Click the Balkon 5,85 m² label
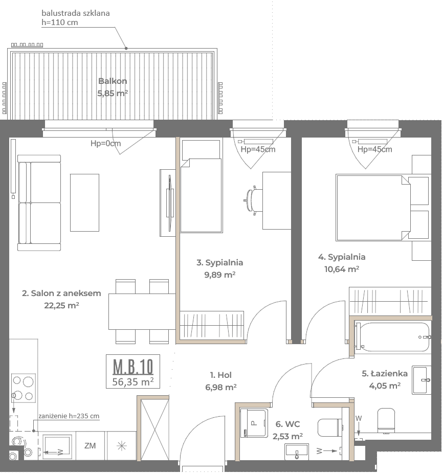(x=113, y=87)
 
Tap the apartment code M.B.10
(x=133, y=367)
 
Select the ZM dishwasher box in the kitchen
(x=90, y=445)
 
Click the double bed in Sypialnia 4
(x=373, y=208)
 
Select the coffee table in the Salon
(x=85, y=202)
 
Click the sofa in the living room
(x=39, y=203)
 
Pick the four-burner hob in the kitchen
(x=24, y=388)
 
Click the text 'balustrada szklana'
(x=76, y=13)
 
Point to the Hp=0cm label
(x=105, y=143)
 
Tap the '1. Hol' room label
(x=221, y=375)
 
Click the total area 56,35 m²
(x=133, y=382)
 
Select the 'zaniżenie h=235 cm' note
(x=69, y=416)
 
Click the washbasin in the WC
(x=297, y=452)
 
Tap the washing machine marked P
(x=254, y=423)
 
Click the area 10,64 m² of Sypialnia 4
(x=342, y=269)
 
